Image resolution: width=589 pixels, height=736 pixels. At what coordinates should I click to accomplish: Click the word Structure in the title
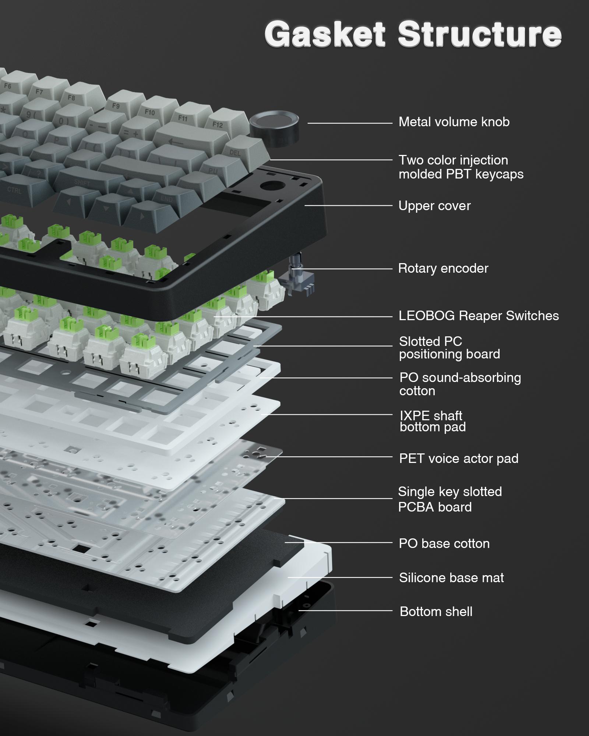[x=479, y=34]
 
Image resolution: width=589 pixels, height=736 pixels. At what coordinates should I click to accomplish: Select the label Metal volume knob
[x=454, y=122]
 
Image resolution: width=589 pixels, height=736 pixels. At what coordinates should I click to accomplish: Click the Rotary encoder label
[x=443, y=268]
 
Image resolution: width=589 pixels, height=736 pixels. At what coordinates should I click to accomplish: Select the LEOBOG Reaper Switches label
[x=479, y=315]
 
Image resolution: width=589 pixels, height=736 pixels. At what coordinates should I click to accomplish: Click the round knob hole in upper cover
[x=272, y=185]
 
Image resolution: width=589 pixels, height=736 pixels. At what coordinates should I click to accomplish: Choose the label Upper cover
[x=434, y=206]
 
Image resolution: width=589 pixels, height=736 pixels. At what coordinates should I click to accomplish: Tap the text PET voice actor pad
[x=459, y=458]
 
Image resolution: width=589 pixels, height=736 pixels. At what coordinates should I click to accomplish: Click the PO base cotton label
[x=444, y=544]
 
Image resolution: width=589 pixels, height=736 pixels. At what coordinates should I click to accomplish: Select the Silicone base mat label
[x=451, y=577]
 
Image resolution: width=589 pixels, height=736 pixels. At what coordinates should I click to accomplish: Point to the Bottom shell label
[x=436, y=611]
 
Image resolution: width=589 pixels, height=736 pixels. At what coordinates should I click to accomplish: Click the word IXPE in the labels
[x=415, y=416]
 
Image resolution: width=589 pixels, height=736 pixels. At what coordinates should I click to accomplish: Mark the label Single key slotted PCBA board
[x=449, y=499]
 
